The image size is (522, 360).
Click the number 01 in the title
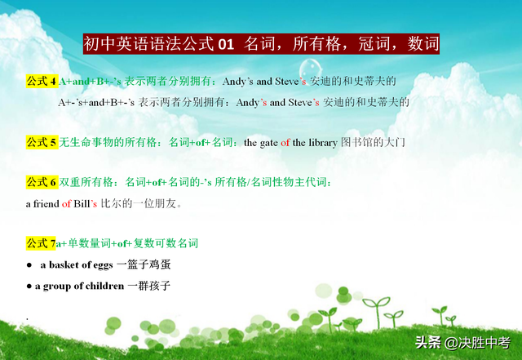point(226,44)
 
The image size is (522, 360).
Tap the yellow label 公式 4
point(42,82)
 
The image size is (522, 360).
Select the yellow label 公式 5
point(42,142)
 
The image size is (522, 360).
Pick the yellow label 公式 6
point(42,182)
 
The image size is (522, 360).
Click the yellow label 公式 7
point(41,243)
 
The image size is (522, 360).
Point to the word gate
point(268,144)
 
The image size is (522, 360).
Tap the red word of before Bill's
point(66,203)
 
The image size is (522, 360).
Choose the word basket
point(64,264)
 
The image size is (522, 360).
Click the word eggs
point(103,265)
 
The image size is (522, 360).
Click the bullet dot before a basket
point(29,265)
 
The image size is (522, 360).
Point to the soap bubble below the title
point(310,70)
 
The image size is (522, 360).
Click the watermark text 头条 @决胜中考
point(462,342)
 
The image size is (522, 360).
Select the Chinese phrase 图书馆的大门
point(373,143)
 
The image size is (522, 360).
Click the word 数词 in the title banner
point(423,44)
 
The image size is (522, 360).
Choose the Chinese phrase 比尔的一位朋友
point(139,203)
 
